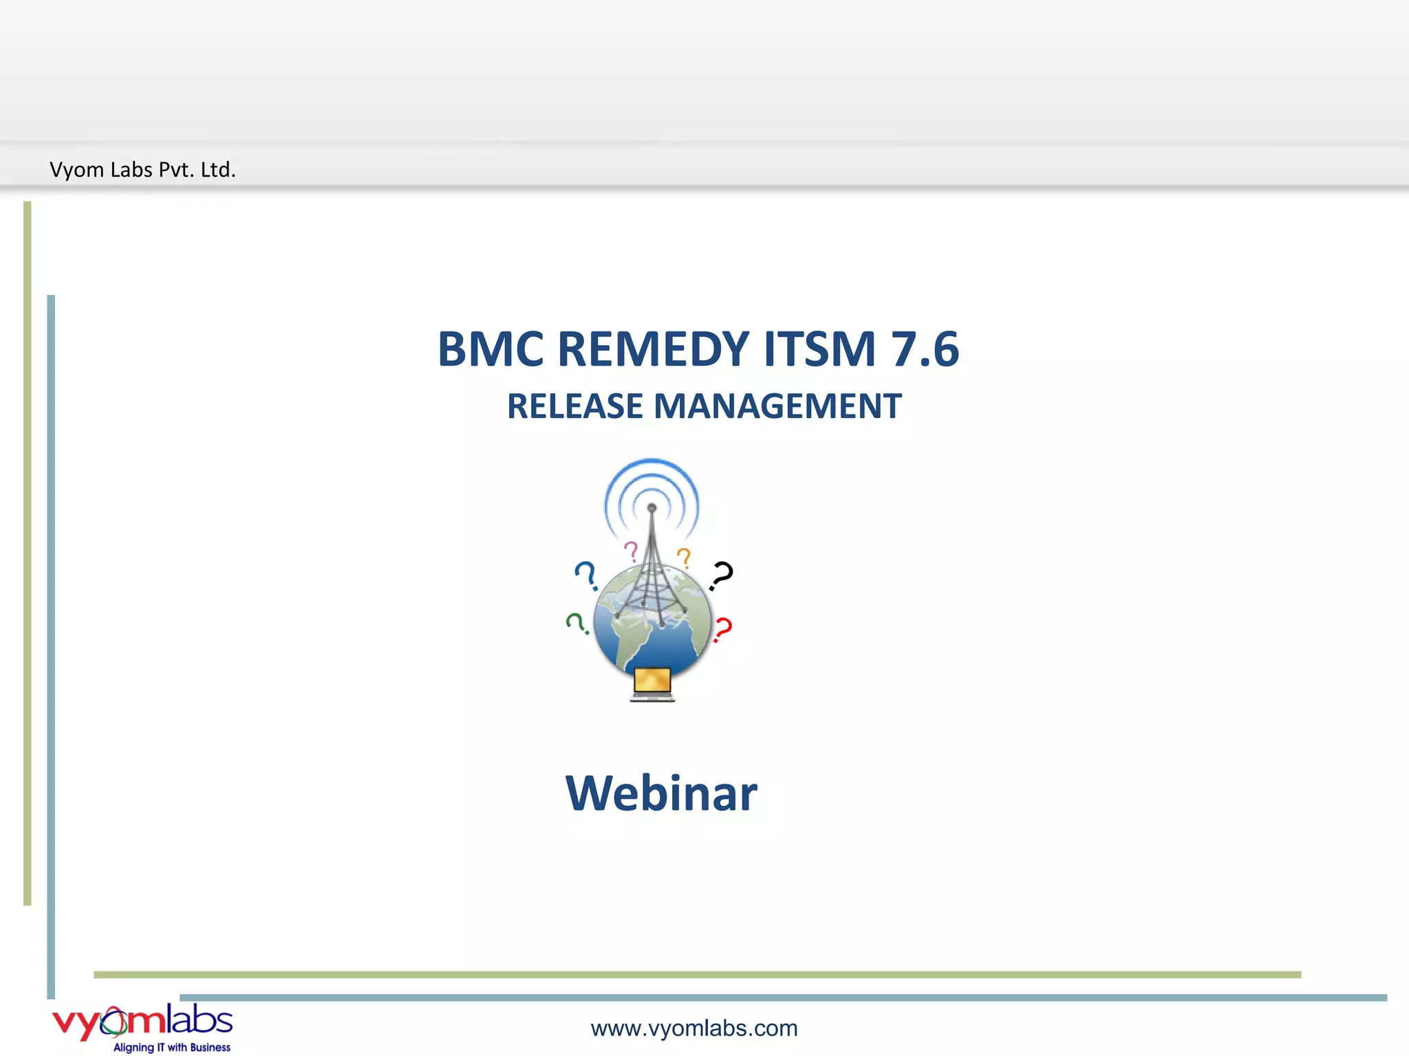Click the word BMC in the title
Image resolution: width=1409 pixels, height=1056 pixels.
point(491,349)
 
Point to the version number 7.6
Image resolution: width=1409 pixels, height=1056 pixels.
point(924,349)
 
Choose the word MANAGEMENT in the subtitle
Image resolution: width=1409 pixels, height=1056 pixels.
point(777,406)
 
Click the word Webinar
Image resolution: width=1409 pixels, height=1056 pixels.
point(661,793)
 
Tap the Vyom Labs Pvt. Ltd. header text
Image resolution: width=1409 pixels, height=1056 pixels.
point(142,169)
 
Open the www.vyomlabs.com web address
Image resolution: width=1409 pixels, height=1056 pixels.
point(693,1028)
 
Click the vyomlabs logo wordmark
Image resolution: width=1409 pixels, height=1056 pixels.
point(142,1021)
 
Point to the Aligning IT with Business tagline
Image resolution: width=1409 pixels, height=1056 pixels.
point(172,1047)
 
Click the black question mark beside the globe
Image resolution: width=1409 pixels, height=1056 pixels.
point(721,575)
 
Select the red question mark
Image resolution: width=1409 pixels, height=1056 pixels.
point(722,629)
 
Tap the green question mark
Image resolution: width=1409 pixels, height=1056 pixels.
point(577,623)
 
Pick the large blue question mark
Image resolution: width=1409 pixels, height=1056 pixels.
point(586,575)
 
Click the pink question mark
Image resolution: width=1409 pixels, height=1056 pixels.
point(631,551)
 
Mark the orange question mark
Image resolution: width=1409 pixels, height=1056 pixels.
point(684,557)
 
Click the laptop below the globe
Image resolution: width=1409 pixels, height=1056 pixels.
point(652,683)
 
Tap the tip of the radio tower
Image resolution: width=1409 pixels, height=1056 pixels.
point(652,507)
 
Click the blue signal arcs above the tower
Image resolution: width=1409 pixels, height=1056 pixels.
point(652,474)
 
